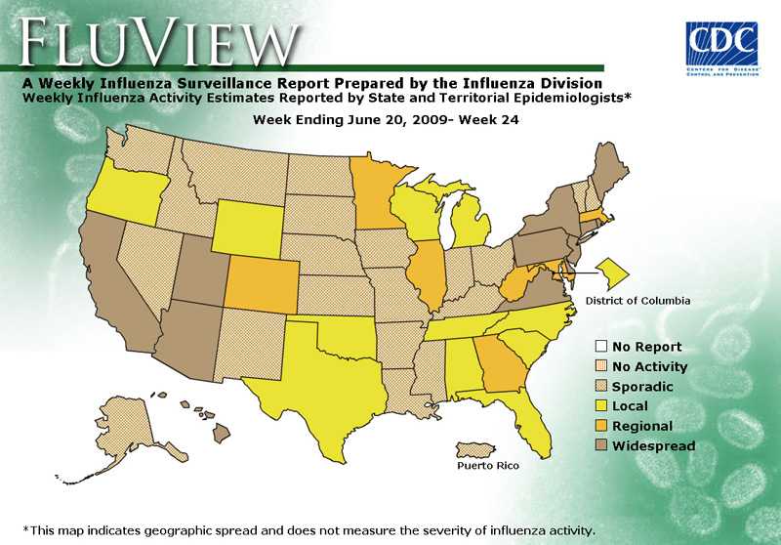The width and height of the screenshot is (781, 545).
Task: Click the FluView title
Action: (156, 42)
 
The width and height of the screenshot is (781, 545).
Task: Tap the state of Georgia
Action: (500, 366)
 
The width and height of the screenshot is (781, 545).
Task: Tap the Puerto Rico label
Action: (488, 466)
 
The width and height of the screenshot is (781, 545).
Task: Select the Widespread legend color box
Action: (602, 446)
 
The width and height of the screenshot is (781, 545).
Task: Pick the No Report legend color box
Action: (602, 347)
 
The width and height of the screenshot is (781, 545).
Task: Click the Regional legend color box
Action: (602, 426)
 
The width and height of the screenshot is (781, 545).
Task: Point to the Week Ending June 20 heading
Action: (385, 120)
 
